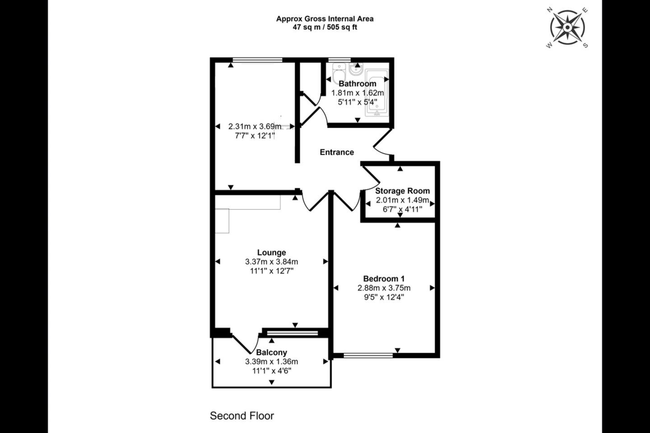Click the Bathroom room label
[x=357, y=83]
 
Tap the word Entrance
[x=337, y=152]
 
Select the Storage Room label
[x=402, y=191]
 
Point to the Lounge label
[x=272, y=253]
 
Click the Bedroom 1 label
[x=384, y=279]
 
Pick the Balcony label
[x=272, y=352]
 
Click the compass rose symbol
[x=567, y=28]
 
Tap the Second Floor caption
[x=242, y=416]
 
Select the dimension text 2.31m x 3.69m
[x=255, y=126]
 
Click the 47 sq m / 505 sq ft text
[x=325, y=27]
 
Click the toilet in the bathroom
[x=339, y=73]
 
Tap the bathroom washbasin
[x=356, y=69]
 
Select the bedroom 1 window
[x=368, y=355]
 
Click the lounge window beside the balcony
[x=292, y=333]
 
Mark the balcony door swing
[x=245, y=344]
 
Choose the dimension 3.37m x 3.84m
[x=272, y=262]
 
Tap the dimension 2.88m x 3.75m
[x=384, y=288]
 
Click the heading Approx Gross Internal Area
[x=325, y=19]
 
